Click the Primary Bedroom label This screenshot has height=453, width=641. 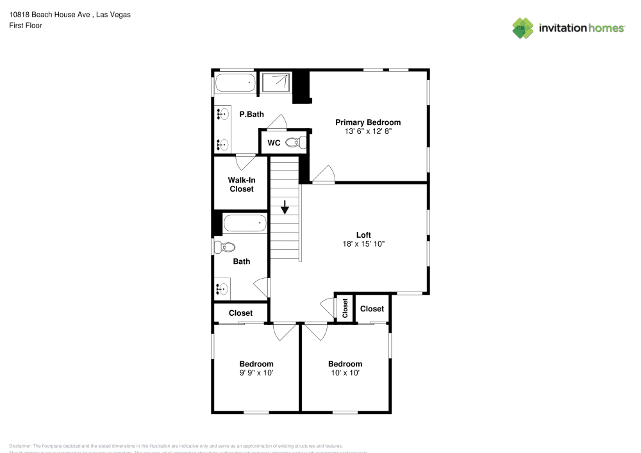(368, 122)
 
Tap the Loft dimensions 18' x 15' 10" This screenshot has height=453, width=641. (363, 243)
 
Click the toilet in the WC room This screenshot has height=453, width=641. (296, 142)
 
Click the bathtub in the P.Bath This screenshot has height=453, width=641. (235, 82)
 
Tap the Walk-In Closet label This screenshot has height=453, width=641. (241, 185)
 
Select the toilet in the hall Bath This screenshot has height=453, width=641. (226, 247)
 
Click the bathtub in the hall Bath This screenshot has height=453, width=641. (244, 224)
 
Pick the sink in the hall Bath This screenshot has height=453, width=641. (222, 289)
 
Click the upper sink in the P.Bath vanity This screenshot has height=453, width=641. (222, 115)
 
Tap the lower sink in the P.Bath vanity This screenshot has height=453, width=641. (222, 144)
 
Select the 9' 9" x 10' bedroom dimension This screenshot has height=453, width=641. (256, 372)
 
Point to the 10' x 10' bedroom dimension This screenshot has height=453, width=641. (345, 372)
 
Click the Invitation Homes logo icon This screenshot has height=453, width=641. (523, 28)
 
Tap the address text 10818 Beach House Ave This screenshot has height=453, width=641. (49, 14)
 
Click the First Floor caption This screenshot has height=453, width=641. (26, 26)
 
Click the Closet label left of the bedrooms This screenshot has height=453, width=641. (240, 313)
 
